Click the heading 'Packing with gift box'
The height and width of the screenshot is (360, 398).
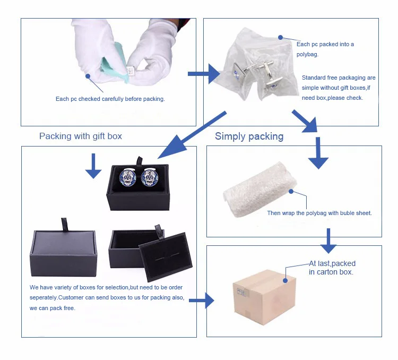tap(81, 136)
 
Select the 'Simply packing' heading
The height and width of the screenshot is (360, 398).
tap(249, 136)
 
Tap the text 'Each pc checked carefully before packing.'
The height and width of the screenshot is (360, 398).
tap(110, 99)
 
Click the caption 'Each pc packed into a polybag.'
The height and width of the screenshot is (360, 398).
tap(325, 49)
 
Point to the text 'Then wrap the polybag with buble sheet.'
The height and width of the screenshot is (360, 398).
tap(319, 213)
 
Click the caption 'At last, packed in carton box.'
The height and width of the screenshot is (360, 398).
tap(332, 268)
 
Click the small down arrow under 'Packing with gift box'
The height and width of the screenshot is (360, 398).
tap(93, 166)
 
